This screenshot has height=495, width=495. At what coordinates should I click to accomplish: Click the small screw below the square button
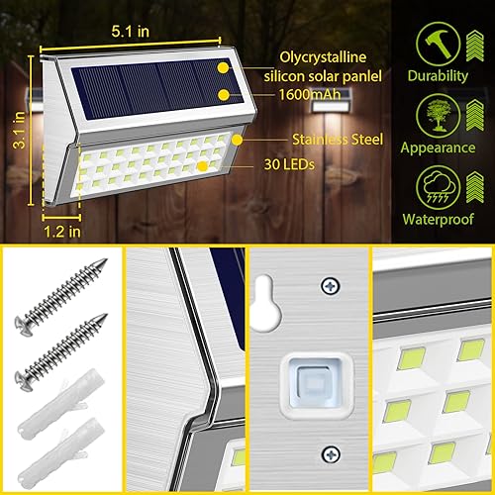pos(326,454)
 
